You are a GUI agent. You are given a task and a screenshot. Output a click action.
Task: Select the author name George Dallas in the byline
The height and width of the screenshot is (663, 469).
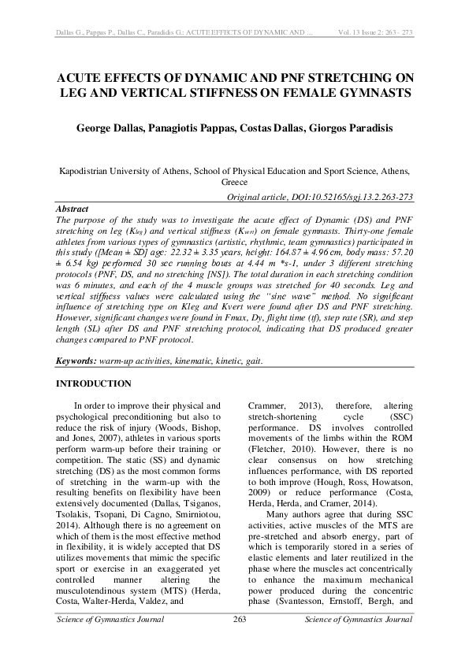click(x=116, y=128)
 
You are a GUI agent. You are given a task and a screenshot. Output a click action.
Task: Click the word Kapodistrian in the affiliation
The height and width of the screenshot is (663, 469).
click(x=87, y=170)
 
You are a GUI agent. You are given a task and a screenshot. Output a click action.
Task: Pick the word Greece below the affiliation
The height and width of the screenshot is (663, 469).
click(x=234, y=181)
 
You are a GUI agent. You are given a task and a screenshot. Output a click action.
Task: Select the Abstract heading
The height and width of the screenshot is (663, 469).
click(x=72, y=209)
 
